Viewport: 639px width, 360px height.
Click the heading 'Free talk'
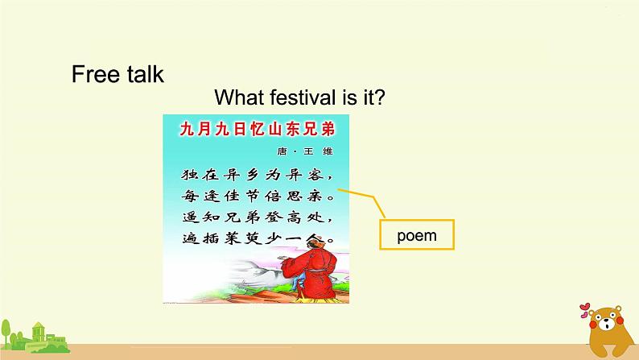(x=117, y=74)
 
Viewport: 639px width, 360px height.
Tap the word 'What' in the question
(x=241, y=98)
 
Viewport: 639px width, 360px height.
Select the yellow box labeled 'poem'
(x=416, y=236)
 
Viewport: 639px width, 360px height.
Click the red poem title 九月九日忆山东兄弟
(x=256, y=128)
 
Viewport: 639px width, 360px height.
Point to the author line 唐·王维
(x=310, y=151)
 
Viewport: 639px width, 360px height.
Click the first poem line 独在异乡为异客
(x=255, y=174)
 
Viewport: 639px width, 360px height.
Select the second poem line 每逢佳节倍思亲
(x=255, y=196)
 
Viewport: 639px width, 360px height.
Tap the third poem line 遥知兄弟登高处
(x=255, y=217)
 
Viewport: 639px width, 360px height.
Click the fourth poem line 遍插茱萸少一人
(x=255, y=239)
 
